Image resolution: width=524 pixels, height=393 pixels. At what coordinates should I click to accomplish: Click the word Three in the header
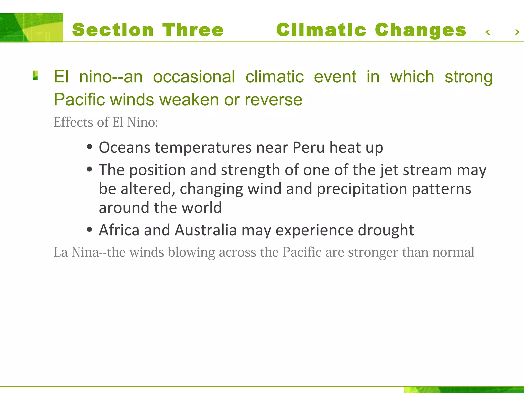[x=193, y=30]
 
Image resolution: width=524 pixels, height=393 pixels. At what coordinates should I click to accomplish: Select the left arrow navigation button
[x=488, y=32]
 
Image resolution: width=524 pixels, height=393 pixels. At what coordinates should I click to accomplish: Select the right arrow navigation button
[x=517, y=32]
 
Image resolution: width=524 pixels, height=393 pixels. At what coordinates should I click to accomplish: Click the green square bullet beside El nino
[x=35, y=76]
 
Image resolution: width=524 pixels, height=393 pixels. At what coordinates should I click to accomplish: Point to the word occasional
[x=194, y=77]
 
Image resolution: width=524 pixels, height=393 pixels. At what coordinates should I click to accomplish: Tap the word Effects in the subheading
[x=73, y=122]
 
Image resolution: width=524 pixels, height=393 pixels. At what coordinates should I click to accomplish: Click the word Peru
[x=308, y=148]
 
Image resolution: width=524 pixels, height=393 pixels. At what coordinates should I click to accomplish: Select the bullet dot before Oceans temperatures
[x=89, y=147]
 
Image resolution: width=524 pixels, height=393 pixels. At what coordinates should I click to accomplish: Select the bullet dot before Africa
[x=89, y=229]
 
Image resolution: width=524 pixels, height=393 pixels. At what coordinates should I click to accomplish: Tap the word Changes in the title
[x=420, y=30]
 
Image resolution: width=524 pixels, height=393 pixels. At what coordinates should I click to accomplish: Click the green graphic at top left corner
[x=31, y=27]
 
